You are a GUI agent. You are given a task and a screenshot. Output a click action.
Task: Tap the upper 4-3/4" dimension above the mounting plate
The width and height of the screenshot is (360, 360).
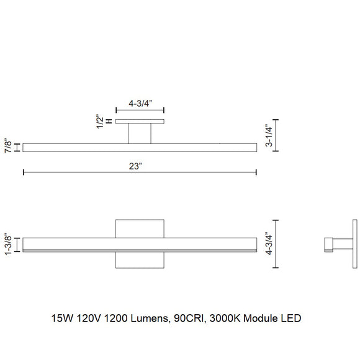click(140, 105)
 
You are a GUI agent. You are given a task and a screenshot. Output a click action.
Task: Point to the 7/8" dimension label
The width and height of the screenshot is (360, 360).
click(7, 147)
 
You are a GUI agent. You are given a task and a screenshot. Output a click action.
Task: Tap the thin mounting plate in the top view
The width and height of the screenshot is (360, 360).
click(140, 121)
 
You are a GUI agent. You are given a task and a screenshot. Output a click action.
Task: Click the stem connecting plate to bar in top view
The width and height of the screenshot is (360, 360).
click(140, 133)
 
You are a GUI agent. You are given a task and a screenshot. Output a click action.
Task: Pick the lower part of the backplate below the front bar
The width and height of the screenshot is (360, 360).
click(140, 260)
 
